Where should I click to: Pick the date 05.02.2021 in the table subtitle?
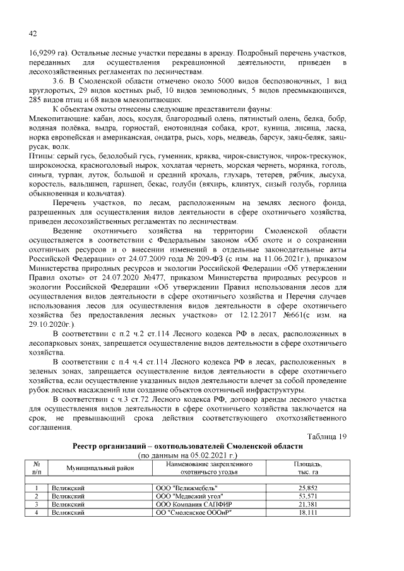click(x=212, y=454)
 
